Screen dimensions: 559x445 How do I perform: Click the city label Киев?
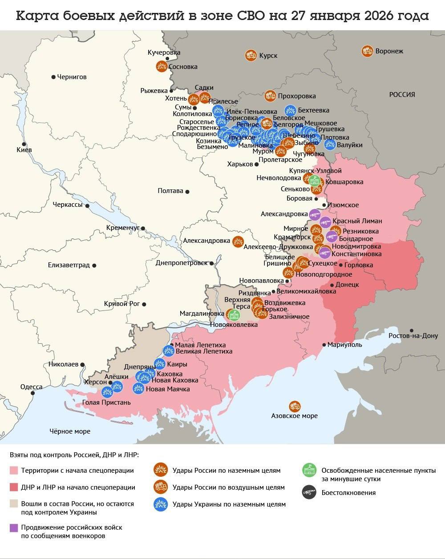click(x=24, y=150)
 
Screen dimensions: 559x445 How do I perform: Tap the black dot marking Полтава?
click(x=187, y=191)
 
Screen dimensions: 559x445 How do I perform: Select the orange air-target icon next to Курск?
click(x=251, y=55)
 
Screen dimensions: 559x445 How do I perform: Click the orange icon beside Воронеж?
click(x=367, y=51)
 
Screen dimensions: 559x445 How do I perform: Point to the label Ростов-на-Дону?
click(x=413, y=336)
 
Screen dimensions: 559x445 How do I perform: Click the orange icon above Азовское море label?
click(x=295, y=406)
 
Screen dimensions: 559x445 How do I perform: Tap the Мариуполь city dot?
click(x=324, y=345)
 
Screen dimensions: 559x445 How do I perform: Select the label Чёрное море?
click(x=69, y=431)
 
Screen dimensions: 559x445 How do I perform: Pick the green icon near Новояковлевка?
click(x=233, y=315)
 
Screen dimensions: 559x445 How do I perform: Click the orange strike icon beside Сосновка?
click(x=162, y=67)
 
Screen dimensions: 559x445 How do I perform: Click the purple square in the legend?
click(x=13, y=528)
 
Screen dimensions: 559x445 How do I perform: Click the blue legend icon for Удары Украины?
click(x=160, y=504)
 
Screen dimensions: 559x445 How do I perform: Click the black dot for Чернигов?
click(x=53, y=77)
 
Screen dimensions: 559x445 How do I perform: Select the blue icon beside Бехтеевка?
click(x=290, y=110)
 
